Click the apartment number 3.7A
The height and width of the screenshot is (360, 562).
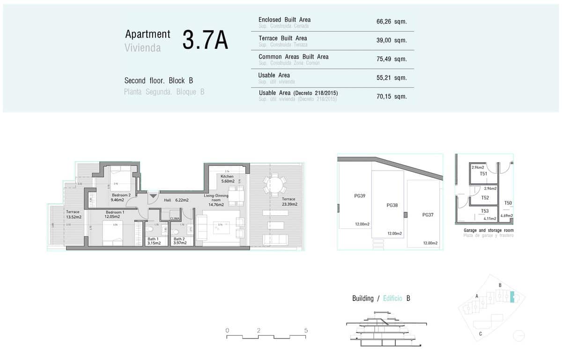pyautogui.click(x=205, y=40)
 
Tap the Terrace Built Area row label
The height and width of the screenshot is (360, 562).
pyautogui.click(x=282, y=38)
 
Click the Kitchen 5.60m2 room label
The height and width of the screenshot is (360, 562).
pyautogui.click(x=227, y=179)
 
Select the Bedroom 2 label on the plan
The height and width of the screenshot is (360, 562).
pyautogui.click(x=121, y=195)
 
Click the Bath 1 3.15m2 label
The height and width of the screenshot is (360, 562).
pyautogui.click(x=152, y=241)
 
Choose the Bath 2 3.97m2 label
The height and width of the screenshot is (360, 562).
pyautogui.click(x=180, y=241)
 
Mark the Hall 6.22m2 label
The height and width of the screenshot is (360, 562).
pyautogui.click(x=176, y=200)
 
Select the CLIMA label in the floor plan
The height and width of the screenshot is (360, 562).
pyautogui.click(x=175, y=218)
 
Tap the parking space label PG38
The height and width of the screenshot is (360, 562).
pyautogui.click(x=392, y=205)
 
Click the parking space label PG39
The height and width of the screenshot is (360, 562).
pyautogui.click(x=360, y=196)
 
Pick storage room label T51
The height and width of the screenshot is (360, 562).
pyautogui.click(x=484, y=174)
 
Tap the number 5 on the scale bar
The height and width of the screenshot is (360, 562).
pyautogui.click(x=306, y=330)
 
